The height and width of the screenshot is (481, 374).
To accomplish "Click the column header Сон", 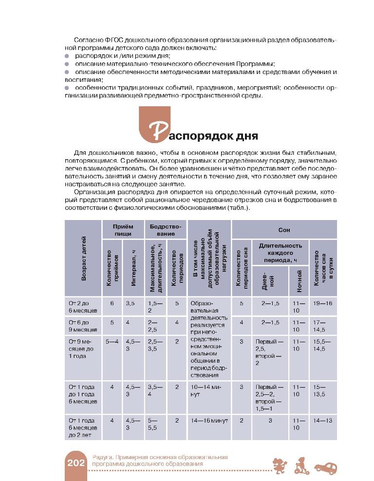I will click(284, 229).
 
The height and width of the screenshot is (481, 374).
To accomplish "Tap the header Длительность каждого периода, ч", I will click(284, 253).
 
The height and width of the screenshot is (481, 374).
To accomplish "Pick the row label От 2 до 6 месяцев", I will click(83, 306).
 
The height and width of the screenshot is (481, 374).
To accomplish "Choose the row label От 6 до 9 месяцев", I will click(83, 326).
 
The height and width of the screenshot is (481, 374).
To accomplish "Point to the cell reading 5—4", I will click(112, 341).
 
